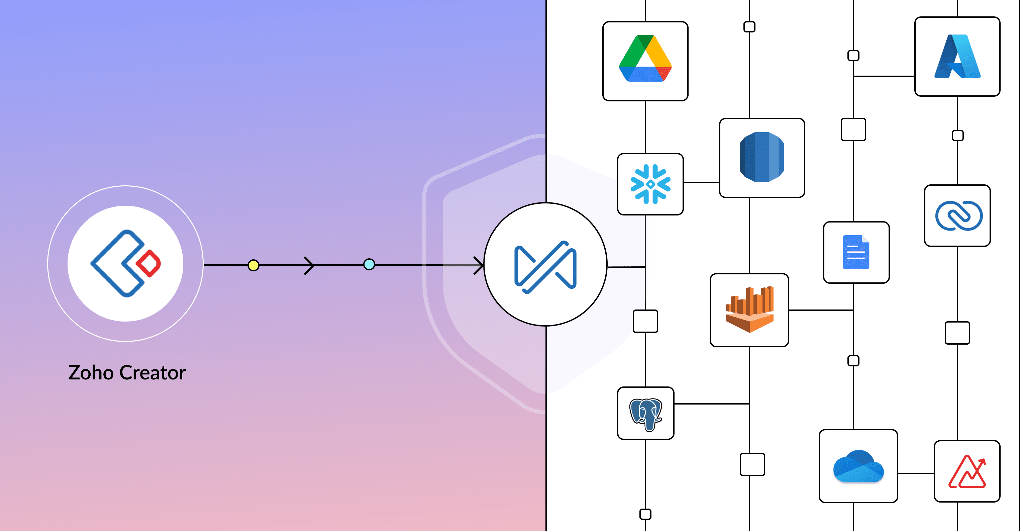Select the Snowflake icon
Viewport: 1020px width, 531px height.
[x=650, y=184]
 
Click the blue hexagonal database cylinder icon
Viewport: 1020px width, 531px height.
[x=762, y=157]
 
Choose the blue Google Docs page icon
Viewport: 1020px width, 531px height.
[x=856, y=252]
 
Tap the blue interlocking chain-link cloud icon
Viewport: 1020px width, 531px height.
[x=958, y=215]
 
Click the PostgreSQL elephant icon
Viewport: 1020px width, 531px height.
[x=646, y=414]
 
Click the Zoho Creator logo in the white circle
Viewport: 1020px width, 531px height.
[x=125, y=264]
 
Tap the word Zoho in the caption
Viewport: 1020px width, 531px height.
[x=91, y=373]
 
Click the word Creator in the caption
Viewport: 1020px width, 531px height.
[x=152, y=373]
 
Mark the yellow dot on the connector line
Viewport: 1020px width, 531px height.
[x=253, y=265]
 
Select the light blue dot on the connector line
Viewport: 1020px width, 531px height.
[x=369, y=264]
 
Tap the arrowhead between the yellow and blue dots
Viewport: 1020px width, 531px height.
[x=309, y=265]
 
